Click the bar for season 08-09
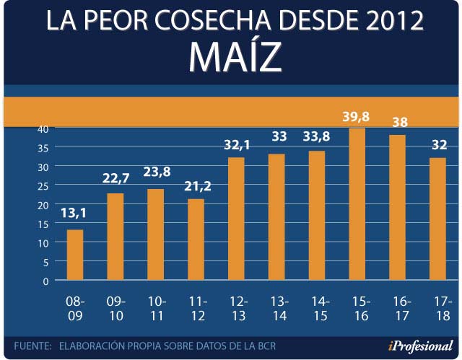75,255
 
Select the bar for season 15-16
357,204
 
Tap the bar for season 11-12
196,239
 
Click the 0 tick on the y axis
45,281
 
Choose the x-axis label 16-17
398,308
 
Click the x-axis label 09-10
115,308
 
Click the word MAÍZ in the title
235,57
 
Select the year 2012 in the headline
391,19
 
